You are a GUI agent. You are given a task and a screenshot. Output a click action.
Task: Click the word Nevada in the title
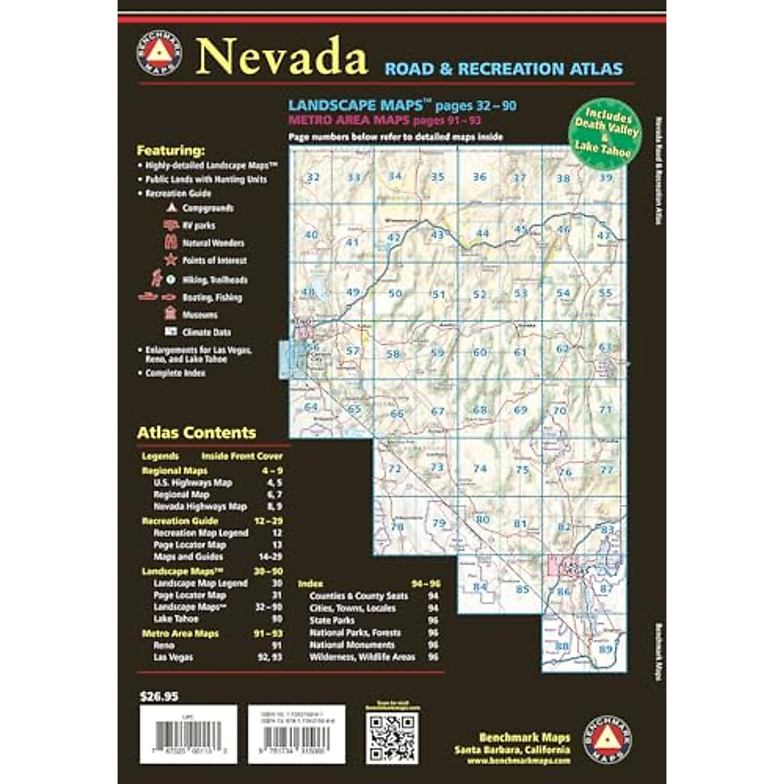point(282,57)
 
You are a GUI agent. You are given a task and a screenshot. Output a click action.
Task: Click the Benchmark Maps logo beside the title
point(159,51)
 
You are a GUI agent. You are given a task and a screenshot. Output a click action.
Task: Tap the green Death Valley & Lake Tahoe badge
point(602,134)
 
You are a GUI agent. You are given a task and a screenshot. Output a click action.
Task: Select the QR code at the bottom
point(391,738)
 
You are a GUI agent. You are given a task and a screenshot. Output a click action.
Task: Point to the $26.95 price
point(159,696)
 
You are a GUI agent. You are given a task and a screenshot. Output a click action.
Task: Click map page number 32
point(313,177)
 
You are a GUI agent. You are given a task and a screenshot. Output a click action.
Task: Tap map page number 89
point(606,649)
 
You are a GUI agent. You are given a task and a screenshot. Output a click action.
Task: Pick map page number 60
point(480,352)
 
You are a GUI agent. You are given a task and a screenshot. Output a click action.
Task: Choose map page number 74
point(480,468)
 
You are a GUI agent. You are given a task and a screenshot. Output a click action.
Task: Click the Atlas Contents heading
point(196,433)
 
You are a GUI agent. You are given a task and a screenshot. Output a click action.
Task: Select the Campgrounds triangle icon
point(171,208)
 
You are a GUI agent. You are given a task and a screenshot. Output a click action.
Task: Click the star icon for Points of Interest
point(171,260)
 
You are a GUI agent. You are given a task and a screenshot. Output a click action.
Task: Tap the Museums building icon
point(171,314)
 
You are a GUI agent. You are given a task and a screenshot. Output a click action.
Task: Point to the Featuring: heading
point(171,150)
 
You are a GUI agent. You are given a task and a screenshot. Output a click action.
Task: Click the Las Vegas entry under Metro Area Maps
point(173,657)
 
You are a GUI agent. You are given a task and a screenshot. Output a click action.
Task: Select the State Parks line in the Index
point(332,620)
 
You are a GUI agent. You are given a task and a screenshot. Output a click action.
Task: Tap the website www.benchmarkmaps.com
point(519,761)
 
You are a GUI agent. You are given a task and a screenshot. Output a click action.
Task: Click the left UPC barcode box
point(188,734)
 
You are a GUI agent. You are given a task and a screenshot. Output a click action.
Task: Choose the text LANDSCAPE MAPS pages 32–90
point(402,105)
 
